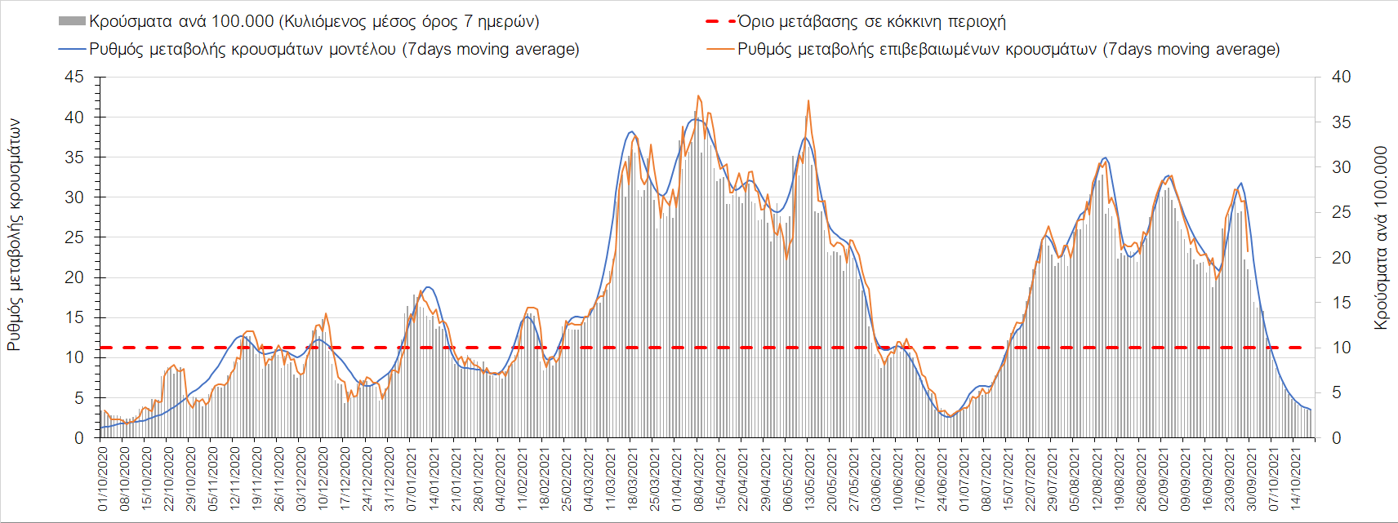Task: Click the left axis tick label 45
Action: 74,77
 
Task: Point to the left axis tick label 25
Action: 74,237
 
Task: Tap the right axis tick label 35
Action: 1341,122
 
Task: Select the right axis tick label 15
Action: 1341,303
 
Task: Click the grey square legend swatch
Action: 72,21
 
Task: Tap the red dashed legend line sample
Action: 719,21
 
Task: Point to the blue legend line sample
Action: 72,49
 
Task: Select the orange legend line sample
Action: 719,49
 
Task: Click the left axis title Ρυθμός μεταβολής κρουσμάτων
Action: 14,235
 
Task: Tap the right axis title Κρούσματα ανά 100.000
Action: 1381,237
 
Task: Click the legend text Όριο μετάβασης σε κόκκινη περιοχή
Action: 871,21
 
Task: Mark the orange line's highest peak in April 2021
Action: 698,95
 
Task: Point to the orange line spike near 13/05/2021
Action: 808,100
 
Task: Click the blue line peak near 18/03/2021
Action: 631,131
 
